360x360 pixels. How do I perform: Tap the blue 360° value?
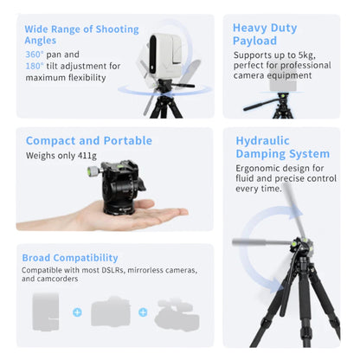35,54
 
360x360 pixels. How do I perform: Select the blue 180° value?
35,66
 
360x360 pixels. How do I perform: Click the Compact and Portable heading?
89,140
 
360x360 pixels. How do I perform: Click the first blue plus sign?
76,312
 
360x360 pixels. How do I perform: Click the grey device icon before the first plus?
45,311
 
